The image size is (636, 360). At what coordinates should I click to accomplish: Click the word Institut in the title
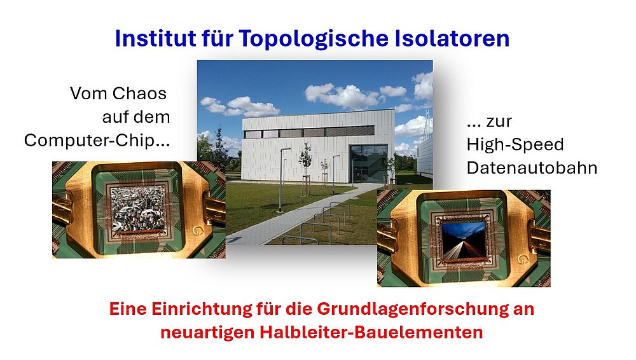pyautogui.click(x=155, y=38)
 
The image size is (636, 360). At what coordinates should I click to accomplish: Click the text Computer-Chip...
pyautogui.click(x=97, y=141)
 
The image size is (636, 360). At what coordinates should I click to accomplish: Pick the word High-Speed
pyautogui.click(x=515, y=144)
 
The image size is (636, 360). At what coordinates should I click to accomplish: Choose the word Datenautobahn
pyautogui.click(x=532, y=168)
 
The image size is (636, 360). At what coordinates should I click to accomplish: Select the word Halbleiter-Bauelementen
pyautogui.click(x=371, y=333)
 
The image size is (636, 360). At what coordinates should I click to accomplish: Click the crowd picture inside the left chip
pyautogui.click(x=138, y=209)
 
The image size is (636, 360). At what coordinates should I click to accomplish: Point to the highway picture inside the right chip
pyautogui.click(x=463, y=240)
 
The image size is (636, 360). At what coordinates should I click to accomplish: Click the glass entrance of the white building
pyautogui.click(x=367, y=163)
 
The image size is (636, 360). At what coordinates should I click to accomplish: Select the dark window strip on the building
pyautogui.click(x=309, y=132)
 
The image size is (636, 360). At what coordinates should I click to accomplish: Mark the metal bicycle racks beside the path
pyautogui.click(x=321, y=223)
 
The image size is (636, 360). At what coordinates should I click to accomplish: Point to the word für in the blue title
pyautogui.click(x=217, y=38)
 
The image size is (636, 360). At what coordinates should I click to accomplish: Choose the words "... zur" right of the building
pyautogui.click(x=489, y=121)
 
